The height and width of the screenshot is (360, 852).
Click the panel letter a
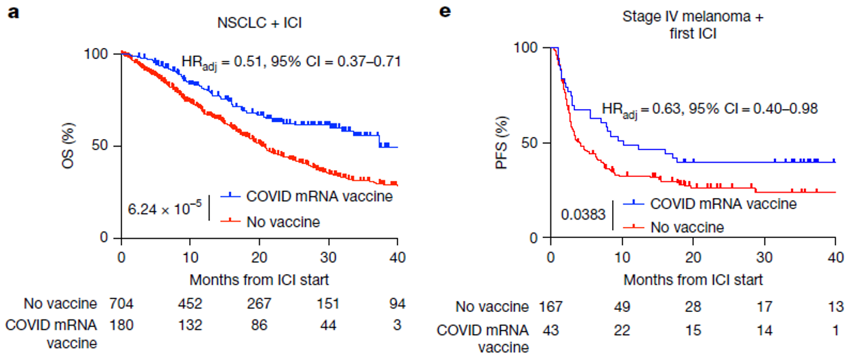(x=11, y=11)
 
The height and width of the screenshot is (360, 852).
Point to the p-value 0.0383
(x=583, y=215)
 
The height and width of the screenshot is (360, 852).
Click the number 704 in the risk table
(x=121, y=304)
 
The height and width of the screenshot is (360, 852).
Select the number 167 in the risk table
(x=552, y=307)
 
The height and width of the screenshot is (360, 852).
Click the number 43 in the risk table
(x=552, y=330)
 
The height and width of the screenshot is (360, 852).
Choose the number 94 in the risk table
(x=396, y=304)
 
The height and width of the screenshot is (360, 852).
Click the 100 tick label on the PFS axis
(x=529, y=47)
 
